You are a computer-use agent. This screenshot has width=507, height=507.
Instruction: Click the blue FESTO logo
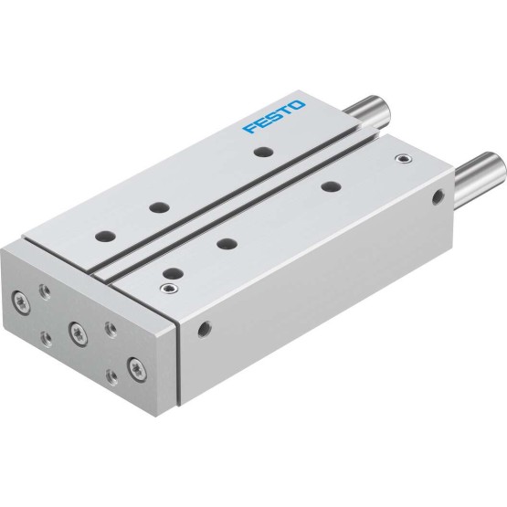click(x=273, y=117)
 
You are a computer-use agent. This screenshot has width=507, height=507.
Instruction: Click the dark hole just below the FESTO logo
click(x=262, y=152)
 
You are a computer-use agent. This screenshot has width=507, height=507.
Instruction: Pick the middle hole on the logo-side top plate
click(x=160, y=207)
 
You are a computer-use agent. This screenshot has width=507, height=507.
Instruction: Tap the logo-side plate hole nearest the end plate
click(x=105, y=236)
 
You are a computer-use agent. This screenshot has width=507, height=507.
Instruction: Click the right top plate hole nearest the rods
click(x=331, y=186)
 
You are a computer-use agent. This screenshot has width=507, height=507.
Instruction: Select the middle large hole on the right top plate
click(x=227, y=243)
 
